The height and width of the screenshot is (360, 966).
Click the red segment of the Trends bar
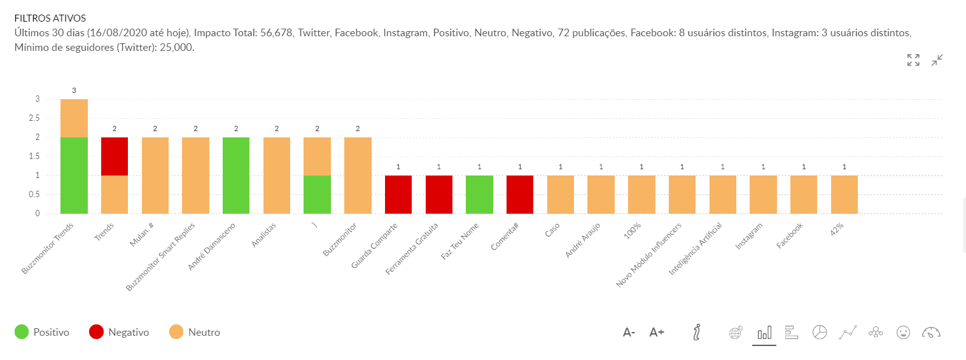(115, 156)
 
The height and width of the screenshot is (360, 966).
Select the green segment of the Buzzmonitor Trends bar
(74, 175)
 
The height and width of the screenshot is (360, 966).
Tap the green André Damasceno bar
(236, 175)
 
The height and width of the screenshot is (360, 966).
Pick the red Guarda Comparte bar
(398, 194)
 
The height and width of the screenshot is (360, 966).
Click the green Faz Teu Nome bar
(479, 194)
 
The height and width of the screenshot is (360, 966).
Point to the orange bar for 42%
(844, 194)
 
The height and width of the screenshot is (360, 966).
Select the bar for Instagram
(763, 194)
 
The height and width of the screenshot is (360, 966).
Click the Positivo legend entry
(42, 332)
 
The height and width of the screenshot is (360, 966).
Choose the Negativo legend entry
(119, 332)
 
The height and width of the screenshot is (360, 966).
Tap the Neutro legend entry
(195, 332)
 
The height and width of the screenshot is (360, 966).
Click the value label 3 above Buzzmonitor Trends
(74, 90)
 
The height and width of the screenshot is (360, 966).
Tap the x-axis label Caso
(552, 229)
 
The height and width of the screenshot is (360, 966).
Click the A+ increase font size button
(657, 332)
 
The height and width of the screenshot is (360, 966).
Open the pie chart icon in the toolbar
(820, 332)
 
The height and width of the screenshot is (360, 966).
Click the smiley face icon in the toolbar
(902, 332)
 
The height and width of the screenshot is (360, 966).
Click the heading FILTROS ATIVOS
(50, 18)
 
